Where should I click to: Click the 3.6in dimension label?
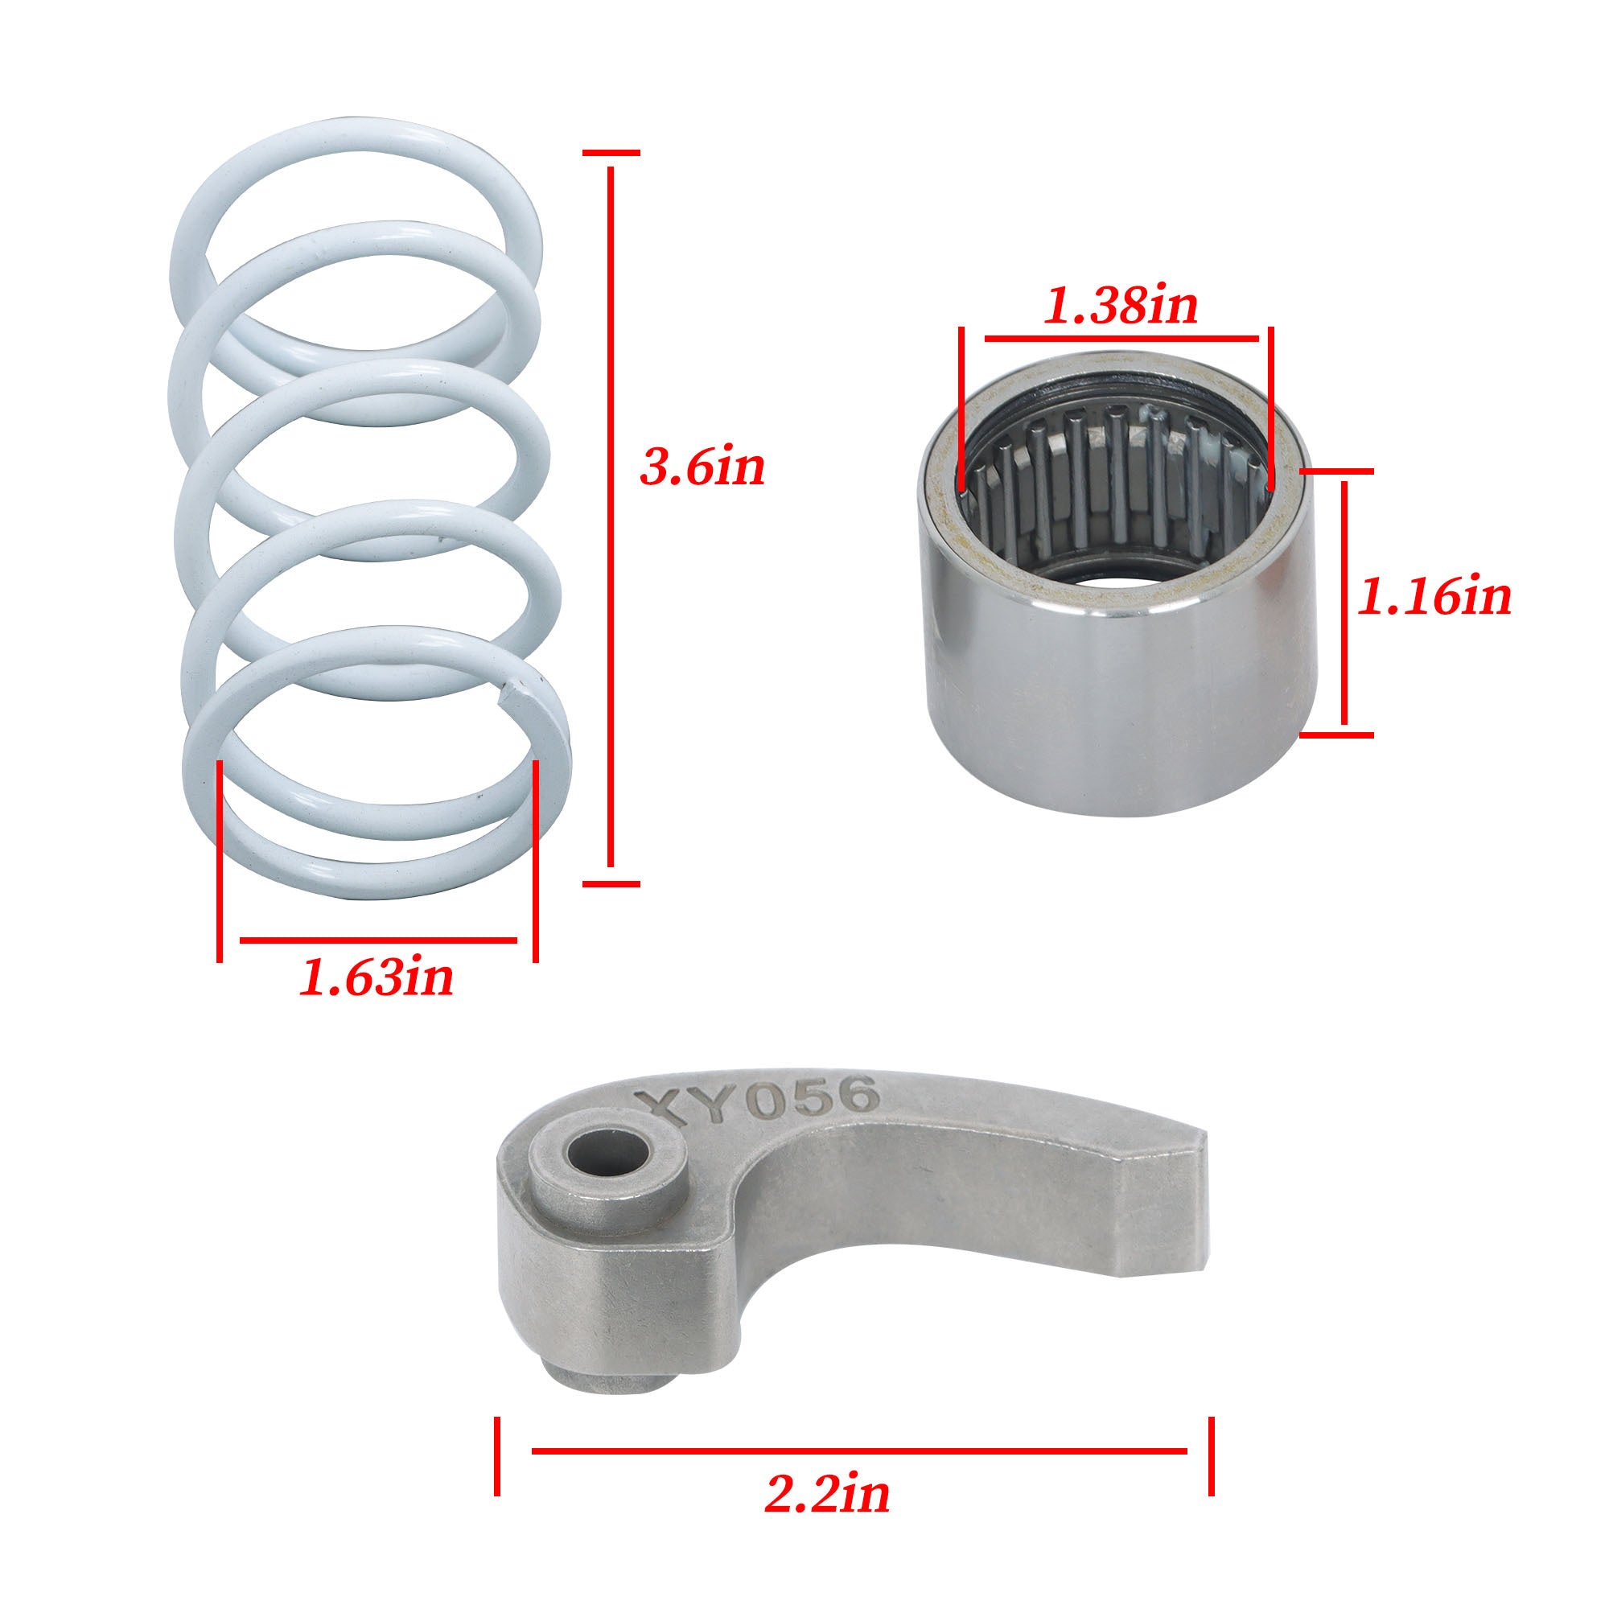click(702, 469)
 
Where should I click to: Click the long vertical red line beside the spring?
click(611, 516)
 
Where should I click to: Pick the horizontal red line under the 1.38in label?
click(1121, 339)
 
